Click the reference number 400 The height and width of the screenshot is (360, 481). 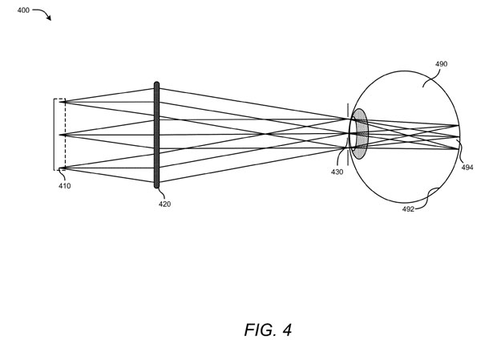23,10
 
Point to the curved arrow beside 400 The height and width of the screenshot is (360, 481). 43,13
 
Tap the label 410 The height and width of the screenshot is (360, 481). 64,186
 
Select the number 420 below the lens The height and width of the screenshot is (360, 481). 164,204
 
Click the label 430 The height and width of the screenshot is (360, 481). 337,172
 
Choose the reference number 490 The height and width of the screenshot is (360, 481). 441,64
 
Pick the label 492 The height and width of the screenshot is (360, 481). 408,209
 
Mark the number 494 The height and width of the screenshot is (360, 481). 467,168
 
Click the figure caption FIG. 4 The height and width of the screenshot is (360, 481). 268,330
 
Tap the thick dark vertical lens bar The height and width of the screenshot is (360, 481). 156,135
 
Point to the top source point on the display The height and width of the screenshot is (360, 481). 63,102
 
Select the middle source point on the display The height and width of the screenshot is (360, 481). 63,135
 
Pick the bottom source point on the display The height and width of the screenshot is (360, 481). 63,168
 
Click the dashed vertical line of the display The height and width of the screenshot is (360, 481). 65,135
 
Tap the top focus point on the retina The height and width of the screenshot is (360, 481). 458,125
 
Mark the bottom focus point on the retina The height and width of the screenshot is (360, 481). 458,149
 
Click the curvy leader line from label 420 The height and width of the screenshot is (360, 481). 162,193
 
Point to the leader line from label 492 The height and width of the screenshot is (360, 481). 428,198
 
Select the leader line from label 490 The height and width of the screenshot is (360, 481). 432,77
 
